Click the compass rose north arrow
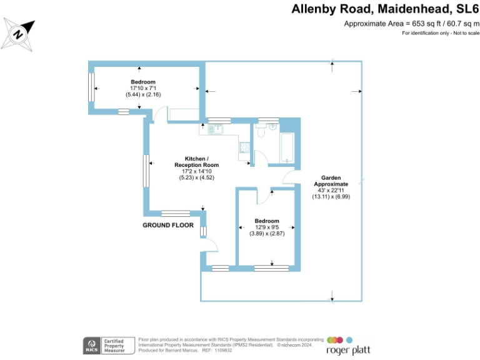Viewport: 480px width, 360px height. tap(19, 34)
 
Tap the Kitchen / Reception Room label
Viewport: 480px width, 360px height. tap(196, 161)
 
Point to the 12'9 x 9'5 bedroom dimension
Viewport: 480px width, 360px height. tap(267, 227)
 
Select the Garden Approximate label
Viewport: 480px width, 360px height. tap(331, 181)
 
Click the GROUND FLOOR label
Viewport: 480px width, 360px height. tap(168, 225)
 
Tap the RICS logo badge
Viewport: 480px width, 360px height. tap(92, 344)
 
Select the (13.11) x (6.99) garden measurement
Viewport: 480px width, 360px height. tap(331, 197)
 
